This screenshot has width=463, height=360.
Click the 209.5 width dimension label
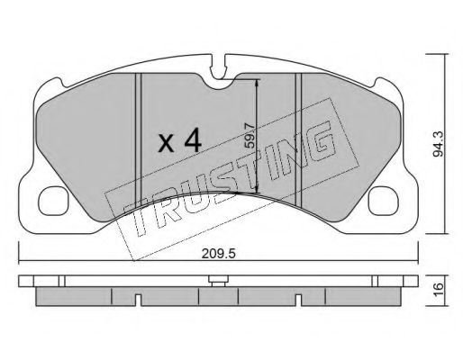[x=218, y=254]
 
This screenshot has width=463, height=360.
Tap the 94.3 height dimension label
[x=439, y=145]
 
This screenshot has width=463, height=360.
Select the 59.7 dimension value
[x=249, y=136]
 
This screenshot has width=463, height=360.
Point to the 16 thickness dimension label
[x=439, y=291]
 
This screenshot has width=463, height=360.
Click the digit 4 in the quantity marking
[x=193, y=139]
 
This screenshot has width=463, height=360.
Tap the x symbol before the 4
[x=166, y=143]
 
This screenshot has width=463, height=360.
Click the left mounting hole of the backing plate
[x=53, y=201]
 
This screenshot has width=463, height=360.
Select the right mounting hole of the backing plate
[x=384, y=201]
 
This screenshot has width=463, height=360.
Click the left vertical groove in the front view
[x=138, y=139]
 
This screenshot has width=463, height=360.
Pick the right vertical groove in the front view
[x=298, y=139]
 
